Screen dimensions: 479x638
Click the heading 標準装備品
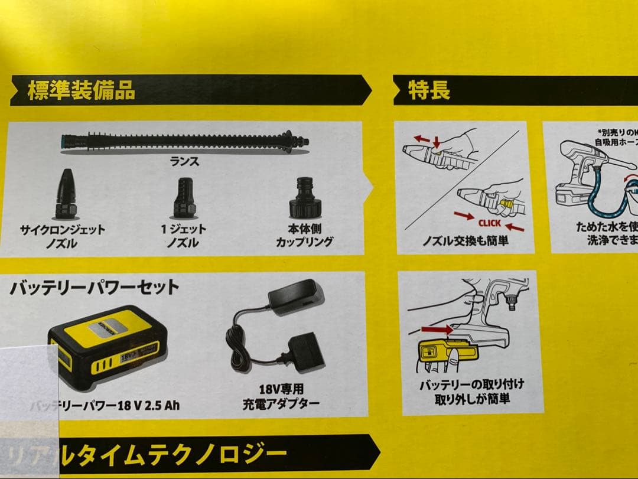(x=81, y=90)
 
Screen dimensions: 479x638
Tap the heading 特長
(x=429, y=90)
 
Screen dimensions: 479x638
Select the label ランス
(x=185, y=161)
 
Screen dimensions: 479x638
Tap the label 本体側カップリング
(x=304, y=235)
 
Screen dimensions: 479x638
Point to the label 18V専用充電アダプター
(x=281, y=396)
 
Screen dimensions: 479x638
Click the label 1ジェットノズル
(x=183, y=236)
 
